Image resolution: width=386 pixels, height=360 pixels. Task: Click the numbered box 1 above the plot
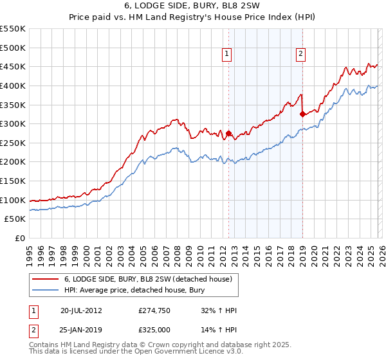pyautogui.click(x=228, y=55)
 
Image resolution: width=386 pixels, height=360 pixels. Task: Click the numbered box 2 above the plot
pyautogui.click(x=300, y=55)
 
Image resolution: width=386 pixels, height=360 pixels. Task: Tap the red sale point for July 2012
pyautogui.click(x=228, y=134)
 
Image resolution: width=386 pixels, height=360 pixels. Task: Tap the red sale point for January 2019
pyautogui.click(x=302, y=114)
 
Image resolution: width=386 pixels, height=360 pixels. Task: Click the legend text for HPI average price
pyautogui.click(x=133, y=290)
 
